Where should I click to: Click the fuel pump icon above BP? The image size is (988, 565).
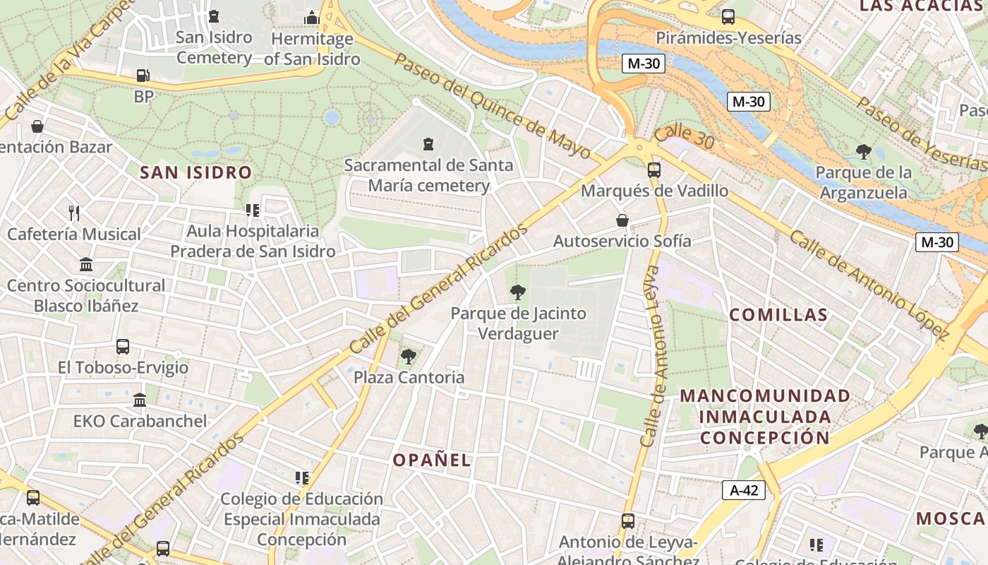[x=143, y=76]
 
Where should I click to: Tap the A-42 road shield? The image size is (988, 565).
[x=744, y=489]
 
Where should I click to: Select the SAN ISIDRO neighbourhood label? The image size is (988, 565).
[x=195, y=172]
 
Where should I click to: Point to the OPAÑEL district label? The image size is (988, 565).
[x=432, y=460]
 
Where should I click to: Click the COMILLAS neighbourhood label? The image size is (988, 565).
[x=778, y=315]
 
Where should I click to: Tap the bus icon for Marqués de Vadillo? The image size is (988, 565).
[x=653, y=169]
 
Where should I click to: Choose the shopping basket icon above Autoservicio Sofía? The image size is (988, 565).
[x=622, y=220]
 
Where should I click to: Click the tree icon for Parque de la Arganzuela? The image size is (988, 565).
[x=863, y=151]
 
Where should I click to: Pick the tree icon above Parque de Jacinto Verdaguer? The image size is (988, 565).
[x=518, y=292]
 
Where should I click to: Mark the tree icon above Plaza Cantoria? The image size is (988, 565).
[x=408, y=356]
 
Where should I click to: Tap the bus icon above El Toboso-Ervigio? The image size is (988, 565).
[x=123, y=347]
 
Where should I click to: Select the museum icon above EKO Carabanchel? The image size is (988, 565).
[x=140, y=400]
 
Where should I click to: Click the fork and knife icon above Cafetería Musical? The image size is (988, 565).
[x=74, y=213]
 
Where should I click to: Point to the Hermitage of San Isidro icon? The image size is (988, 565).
[x=312, y=18]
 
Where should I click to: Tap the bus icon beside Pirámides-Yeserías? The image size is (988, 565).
[x=728, y=17]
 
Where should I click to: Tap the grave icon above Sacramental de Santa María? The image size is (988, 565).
[x=428, y=144]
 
